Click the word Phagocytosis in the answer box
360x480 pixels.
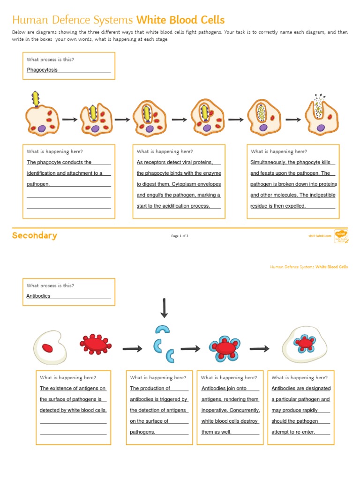click(x=42, y=70)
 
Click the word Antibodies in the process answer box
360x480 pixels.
click(x=38, y=296)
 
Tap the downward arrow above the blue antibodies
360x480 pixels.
click(x=164, y=308)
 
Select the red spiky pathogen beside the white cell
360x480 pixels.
click(x=96, y=345)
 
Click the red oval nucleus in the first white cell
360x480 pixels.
click(x=47, y=347)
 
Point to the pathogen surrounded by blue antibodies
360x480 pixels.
click(x=226, y=348)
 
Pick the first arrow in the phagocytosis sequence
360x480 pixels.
click(x=69, y=120)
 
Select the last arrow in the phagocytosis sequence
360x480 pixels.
click(x=293, y=120)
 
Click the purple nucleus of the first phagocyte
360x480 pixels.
click(x=42, y=128)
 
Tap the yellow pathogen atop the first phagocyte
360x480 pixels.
click(x=36, y=99)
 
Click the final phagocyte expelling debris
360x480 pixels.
click(x=321, y=117)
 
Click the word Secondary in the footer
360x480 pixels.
click(x=34, y=236)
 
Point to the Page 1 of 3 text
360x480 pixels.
click(x=180, y=236)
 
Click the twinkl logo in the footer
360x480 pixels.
click(x=341, y=235)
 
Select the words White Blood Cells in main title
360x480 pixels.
click(x=180, y=20)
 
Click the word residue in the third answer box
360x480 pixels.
click(x=259, y=206)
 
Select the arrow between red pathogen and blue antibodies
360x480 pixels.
click(x=132, y=348)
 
